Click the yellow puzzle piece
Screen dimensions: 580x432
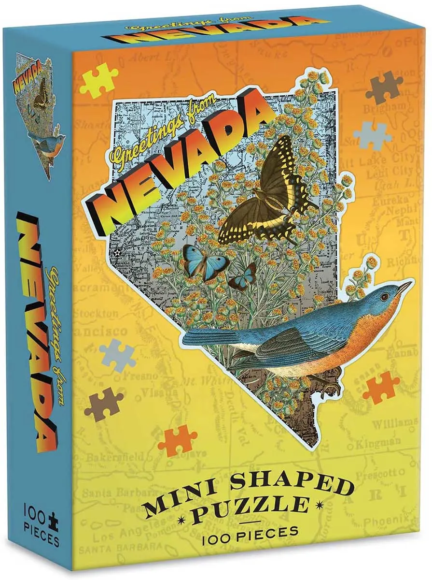pos(98,79)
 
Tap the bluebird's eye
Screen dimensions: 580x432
pos(385,295)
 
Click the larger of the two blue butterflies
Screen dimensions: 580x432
pos(201,261)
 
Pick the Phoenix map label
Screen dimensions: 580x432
pos(391,521)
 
